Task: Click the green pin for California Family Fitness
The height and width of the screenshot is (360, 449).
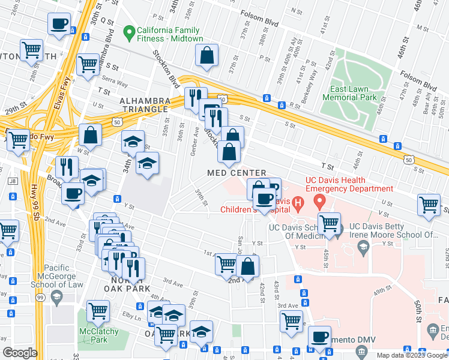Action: click(x=128, y=31)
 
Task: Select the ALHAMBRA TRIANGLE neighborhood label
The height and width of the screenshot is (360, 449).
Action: click(x=143, y=104)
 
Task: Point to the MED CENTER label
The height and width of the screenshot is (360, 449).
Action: click(x=237, y=173)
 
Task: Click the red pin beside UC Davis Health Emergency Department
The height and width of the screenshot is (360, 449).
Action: click(x=320, y=200)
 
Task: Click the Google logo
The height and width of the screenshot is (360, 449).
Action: click(x=20, y=353)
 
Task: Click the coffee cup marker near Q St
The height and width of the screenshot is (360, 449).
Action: click(x=59, y=24)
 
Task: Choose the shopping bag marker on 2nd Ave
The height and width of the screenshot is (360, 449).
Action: click(x=248, y=265)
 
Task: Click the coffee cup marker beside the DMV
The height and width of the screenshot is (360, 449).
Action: click(x=319, y=337)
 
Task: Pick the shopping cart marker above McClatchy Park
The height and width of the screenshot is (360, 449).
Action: click(x=98, y=310)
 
